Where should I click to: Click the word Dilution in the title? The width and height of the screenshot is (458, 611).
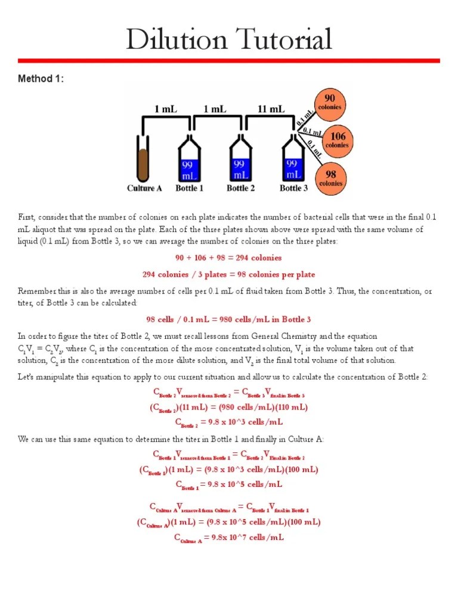coord(176,40)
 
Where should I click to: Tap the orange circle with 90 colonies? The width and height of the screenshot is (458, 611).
coord(329,102)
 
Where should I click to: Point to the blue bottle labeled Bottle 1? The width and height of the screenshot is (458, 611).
coord(190,162)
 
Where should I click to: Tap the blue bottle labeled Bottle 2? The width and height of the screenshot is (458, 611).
coord(241,162)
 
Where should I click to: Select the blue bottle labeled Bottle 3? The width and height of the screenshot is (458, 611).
coord(293,162)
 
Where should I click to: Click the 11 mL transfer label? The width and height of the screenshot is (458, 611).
coord(271,109)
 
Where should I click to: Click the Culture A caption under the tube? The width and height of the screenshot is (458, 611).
coord(144,189)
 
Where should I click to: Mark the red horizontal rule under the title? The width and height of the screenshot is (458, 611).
coord(228,61)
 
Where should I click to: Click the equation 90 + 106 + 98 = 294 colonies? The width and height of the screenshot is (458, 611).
coord(228,258)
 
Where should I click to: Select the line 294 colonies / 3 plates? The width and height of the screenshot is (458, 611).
coord(228,274)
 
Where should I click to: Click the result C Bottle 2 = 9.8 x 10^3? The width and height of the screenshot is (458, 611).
coord(228,422)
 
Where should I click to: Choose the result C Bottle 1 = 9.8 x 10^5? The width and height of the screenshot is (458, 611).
coord(228,485)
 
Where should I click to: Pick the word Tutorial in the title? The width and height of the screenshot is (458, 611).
coord(281,40)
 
